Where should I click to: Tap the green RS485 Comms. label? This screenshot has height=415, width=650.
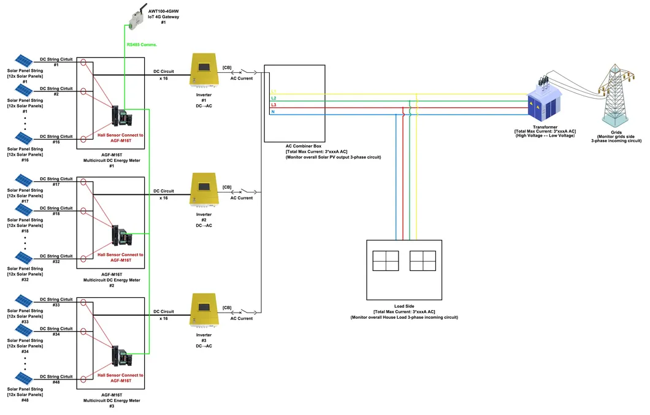click(142, 45)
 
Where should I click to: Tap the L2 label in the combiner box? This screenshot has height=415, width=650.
click(274, 98)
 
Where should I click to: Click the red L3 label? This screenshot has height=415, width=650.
click(274, 105)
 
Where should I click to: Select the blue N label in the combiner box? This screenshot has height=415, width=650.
click(273, 112)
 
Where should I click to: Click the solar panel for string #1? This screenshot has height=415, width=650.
click(24, 62)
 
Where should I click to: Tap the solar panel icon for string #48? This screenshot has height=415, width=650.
click(24, 379)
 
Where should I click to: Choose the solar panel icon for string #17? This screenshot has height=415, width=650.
click(24, 181)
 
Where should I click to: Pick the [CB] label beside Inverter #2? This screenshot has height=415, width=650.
click(227, 187)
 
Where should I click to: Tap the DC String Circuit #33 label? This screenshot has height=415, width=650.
click(56, 300)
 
